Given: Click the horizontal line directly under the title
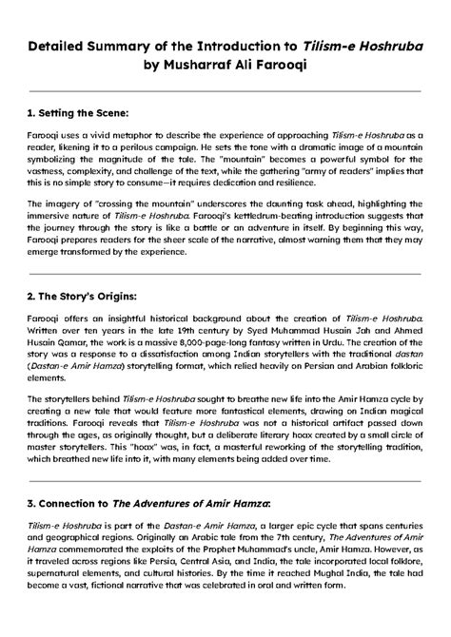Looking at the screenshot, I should (x=225, y=91).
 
